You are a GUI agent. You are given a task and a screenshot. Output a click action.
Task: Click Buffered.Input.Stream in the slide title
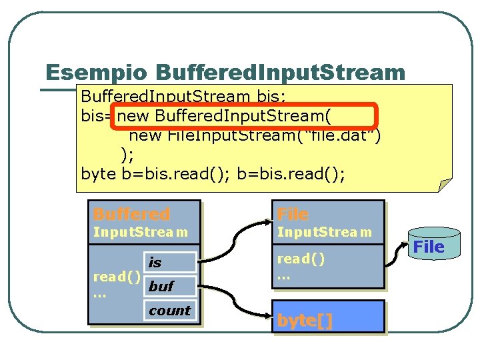pos(280,73)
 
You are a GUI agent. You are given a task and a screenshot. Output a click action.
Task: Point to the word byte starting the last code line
pos(98,174)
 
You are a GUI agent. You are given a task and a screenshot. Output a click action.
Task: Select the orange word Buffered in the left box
pos(131,214)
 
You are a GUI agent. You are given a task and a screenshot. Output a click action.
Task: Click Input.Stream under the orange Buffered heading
pos(141,233)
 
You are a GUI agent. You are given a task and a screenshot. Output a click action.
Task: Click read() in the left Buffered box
pos(117,276)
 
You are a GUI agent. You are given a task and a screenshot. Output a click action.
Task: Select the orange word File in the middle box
pos(293,214)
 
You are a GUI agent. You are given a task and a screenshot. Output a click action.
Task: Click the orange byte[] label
pos(305,320)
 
